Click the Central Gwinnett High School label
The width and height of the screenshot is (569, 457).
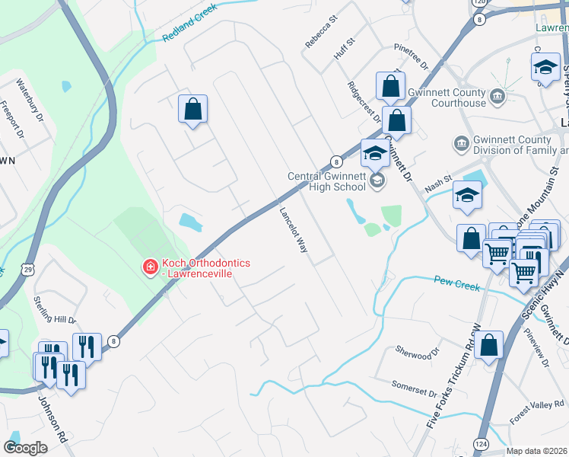(328, 182)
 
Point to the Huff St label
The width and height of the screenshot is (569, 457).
(345, 50)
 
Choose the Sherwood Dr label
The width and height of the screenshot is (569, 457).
(418, 353)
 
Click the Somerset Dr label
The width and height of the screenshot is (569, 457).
(415, 388)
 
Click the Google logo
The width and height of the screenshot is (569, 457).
(25, 447)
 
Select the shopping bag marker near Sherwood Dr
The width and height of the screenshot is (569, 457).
(491, 345)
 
